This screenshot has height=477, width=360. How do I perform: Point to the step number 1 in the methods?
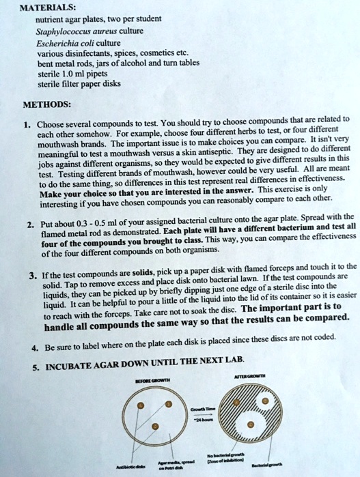[24, 125]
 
